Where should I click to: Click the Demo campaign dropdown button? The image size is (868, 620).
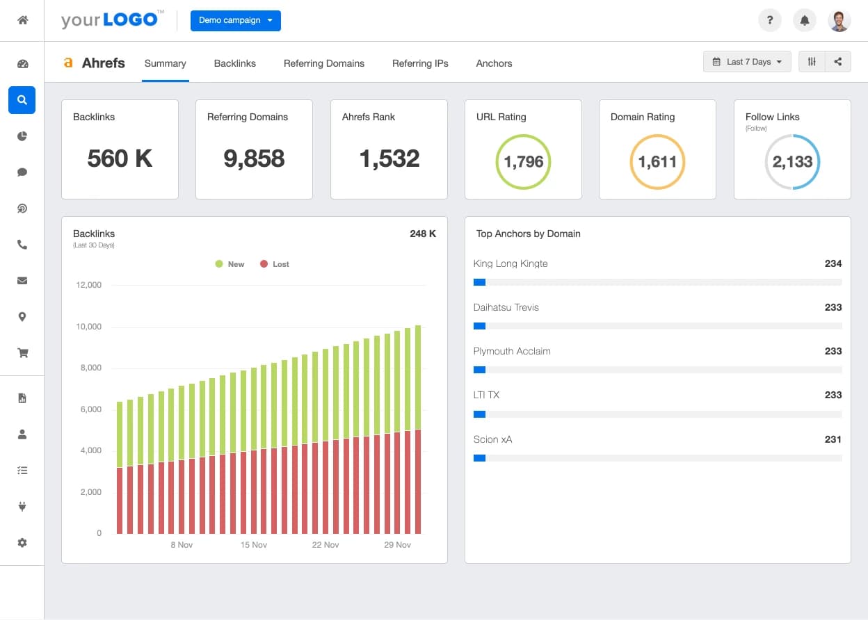click(235, 20)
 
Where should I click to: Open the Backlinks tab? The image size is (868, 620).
click(234, 63)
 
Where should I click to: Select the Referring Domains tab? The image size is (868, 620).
click(323, 63)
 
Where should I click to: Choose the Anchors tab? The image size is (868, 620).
click(494, 63)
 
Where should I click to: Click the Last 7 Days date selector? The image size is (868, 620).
click(747, 62)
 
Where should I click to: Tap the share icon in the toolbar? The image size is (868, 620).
click(838, 62)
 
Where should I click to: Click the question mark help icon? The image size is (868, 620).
click(769, 20)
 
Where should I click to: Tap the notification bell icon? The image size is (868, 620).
click(805, 20)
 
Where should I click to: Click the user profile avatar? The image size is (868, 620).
click(839, 20)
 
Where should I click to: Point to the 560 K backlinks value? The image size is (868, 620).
click(120, 158)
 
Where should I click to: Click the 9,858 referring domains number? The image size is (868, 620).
click(254, 158)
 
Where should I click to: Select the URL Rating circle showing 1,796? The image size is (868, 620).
click(523, 162)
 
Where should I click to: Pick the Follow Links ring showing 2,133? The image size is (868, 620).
click(792, 162)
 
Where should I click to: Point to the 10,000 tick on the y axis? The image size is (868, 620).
click(89, 327)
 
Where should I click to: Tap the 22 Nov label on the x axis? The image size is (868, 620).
click(325, 545)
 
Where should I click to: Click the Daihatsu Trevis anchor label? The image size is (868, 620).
click(506, 307)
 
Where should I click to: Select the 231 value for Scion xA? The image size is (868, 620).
click(833, 439)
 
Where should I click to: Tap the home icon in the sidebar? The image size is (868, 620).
click(22, 20)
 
